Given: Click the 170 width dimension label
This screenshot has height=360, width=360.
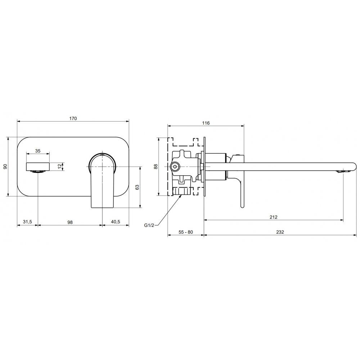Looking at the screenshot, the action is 73,118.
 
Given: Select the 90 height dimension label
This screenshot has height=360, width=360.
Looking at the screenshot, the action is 5,166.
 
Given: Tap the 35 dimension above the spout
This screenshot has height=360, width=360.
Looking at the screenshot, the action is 38,151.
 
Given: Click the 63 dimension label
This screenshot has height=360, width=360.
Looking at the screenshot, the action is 137,187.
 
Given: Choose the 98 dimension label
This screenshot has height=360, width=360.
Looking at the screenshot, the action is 70,222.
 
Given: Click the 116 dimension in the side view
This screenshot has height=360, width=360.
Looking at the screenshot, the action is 206,123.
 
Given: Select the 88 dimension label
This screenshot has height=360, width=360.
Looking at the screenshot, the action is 156,166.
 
